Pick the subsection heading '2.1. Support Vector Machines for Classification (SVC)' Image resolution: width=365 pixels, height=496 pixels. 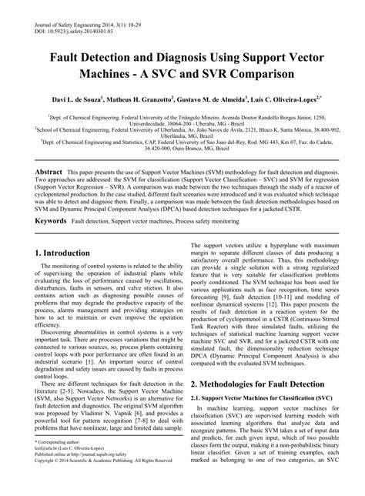(x=260, y=397)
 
